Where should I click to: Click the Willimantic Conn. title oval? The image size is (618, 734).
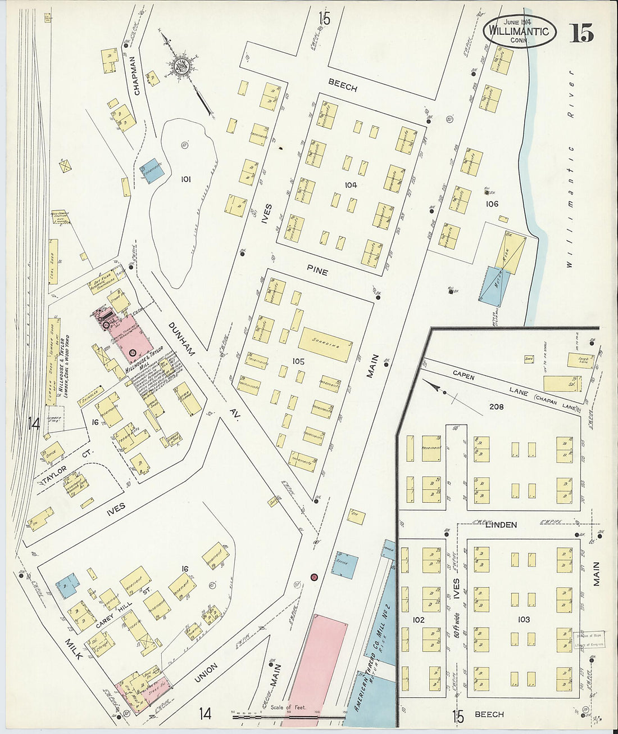pyautogui.click(x=519, y=31)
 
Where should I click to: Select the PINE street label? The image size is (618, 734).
pyautogui.click(x=317, y=271)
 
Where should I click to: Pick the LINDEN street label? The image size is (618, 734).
pyautogui.click(x=501, y=525)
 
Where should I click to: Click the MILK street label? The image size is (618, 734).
pyautogui.click(x=74, y=650)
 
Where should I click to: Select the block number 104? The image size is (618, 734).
pyautogui.click(x=351, y=185)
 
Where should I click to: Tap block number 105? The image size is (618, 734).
pyautogui.click(x=298, y=362)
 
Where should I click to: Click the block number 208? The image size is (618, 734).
pyautogui.click(x=496, y=407)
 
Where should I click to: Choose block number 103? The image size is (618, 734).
pyautogui.click(x=523, y=619)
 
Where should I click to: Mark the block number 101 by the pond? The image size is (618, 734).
pyautogui.click(x=185, y=179)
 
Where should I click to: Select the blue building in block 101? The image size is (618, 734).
pyautogui.click(x=151, y=170)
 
